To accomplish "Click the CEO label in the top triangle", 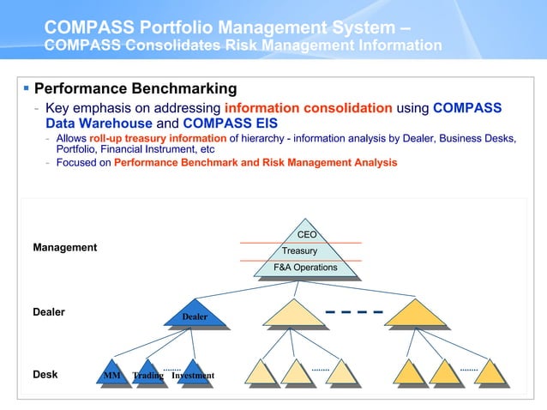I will coord(306,234).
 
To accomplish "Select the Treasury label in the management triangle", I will coord(299,251).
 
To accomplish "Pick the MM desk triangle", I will coord(111,372).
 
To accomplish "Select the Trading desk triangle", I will coord(148,372).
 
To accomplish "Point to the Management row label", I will coord(65,248).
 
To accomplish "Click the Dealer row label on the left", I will coord(49,312).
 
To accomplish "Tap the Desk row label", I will coord(45,375).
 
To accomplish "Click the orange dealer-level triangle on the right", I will coord(416,315).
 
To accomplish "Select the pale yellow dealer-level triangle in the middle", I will coord(294,315).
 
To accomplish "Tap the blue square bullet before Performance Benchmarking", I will coord(27,88).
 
